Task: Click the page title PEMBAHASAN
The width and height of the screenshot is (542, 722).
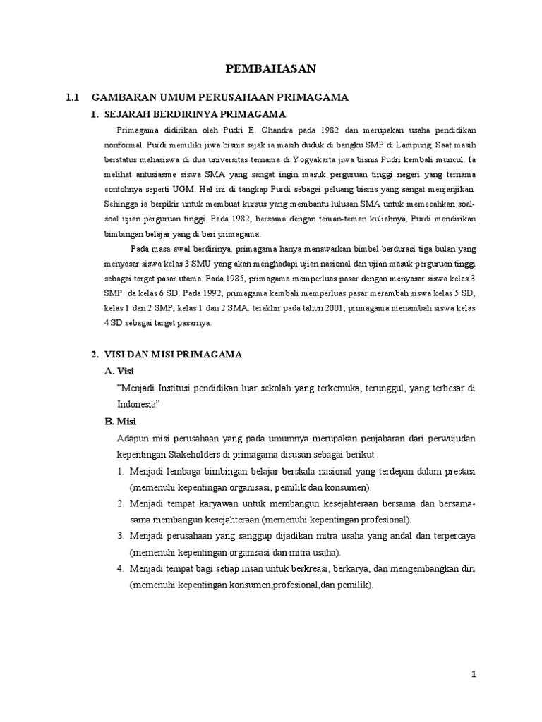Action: (x=270, y=68)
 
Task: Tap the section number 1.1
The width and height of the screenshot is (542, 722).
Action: (x=74, y=98)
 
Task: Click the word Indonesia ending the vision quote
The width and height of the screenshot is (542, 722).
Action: (x=137, y=405)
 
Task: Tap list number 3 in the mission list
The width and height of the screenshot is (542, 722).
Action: (x=121, y=537)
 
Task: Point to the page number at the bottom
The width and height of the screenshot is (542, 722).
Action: (x=474, y=675)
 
